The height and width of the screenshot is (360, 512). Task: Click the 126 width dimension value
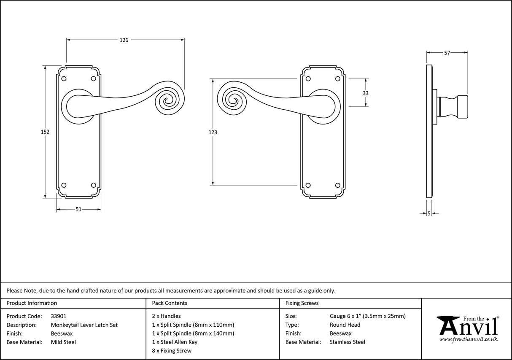[124, 40]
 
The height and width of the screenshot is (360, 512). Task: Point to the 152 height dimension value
[45, 132]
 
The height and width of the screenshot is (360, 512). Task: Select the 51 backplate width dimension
[78, 210]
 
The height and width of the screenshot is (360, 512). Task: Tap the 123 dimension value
[213, 132]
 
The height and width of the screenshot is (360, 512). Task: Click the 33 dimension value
[366, 93]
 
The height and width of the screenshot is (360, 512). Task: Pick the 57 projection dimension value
[447, 53]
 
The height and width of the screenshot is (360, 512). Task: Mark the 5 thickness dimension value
[429, 214]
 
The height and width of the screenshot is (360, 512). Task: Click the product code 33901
[58, 316]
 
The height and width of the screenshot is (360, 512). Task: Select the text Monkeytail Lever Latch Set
[84, 325]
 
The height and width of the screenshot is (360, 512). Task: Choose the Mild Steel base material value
[63, 342]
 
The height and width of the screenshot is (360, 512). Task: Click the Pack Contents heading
[170, 303]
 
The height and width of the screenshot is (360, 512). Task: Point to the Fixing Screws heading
[302, 303]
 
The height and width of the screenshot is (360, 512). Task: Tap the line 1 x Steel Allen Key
[175, 342]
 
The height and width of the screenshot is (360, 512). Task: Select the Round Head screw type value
[345, 325]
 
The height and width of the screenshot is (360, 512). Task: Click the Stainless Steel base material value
[348, 342]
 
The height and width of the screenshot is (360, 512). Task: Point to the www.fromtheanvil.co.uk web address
[468, 339]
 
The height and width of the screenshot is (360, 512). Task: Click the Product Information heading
[32, 303]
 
